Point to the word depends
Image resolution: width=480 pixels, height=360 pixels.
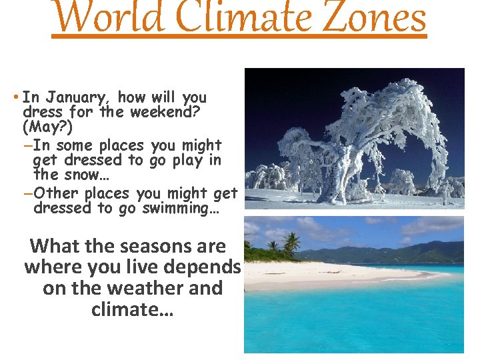click(202, 267)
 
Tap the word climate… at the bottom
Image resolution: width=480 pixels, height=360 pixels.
click(132, 309)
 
